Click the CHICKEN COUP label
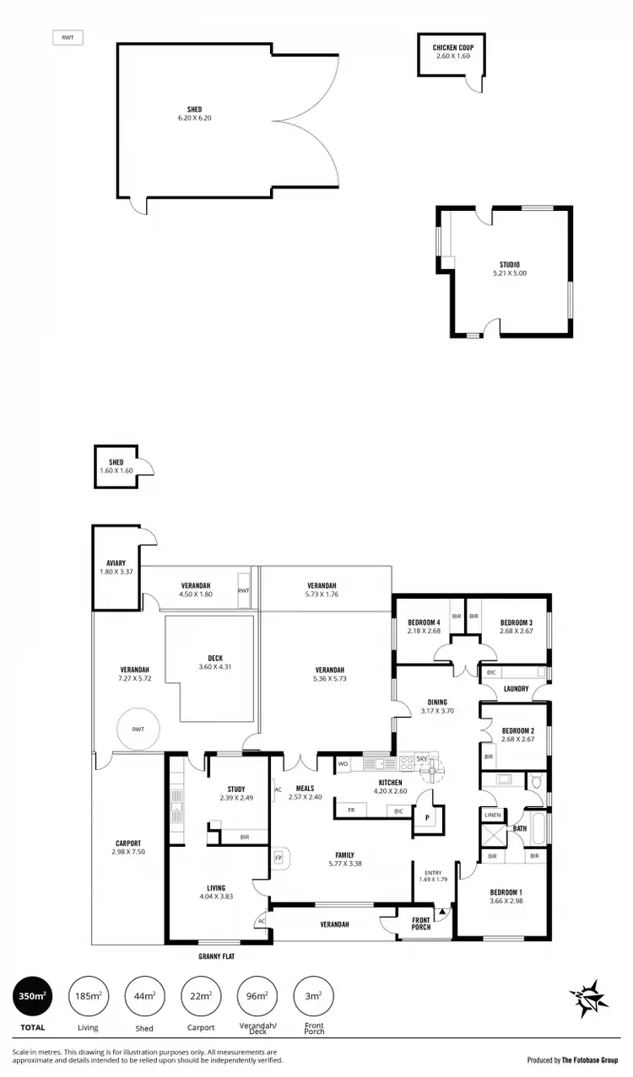pyautogui.click(x=453, y=47)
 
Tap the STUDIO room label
pyautogui.click(x=509, y=264)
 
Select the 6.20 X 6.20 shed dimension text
pyautogui.click(x=194, y=118)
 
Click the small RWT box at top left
pyautogui.click(x=67, y=38)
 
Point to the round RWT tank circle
pyautogui.click(x=137, y=730)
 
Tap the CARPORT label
pyautogui.click(x=128, y=843)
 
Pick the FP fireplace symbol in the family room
pyautogui.click(x=279, y=858)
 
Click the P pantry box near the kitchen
pyautogui.click(x=427, y=818)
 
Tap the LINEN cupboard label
pyautogui.click(x=492, y=816)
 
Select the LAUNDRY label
pyautogui.click(x=515, y=688)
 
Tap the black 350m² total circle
pyautogui.click(x=33, y=997)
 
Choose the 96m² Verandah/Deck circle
pyautogui.click(x=257, y=997)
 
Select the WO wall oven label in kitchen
pyautogui.click(x=343, y=764)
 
